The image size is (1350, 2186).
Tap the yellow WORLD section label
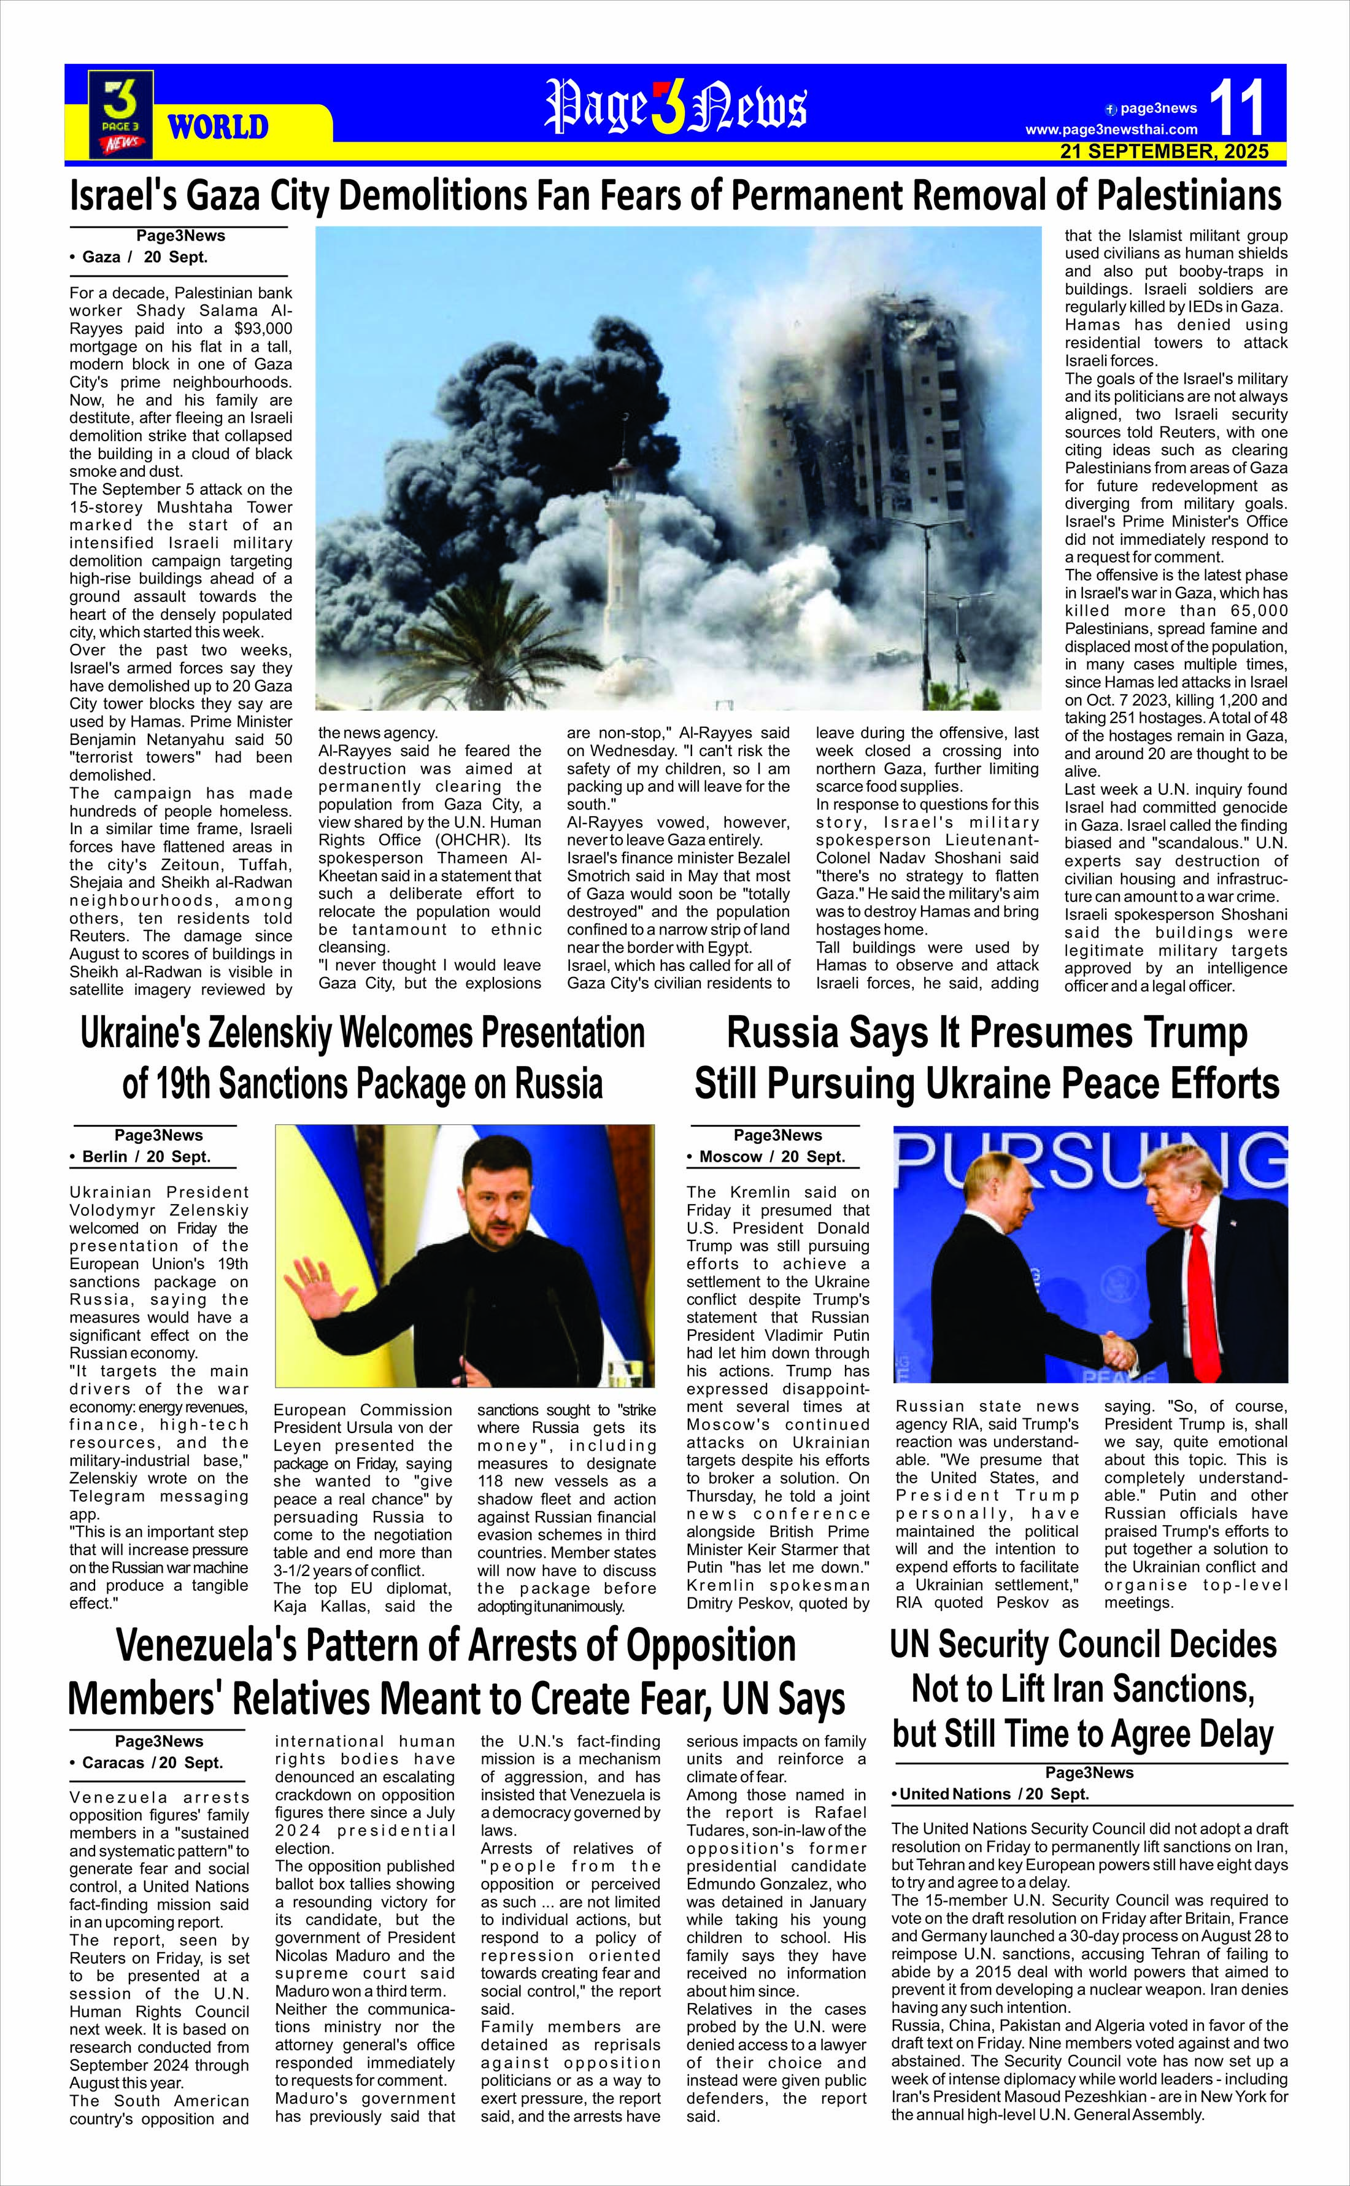click(x=218, y=127)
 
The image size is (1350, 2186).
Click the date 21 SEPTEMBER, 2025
click(x=1164, y=152)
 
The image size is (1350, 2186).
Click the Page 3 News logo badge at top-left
click(x=120, y=114)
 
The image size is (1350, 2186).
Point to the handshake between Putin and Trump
click(x=1117, y=1348)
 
